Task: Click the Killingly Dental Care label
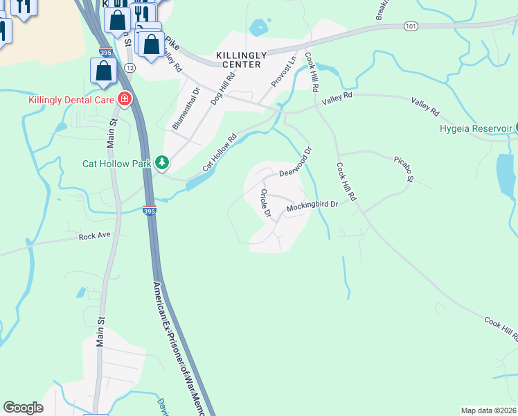point(71,99)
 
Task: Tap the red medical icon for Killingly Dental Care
point(125,99)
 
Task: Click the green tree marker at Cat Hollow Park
point(162,163)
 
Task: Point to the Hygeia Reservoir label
point(476,128)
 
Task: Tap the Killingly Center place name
point(239,60)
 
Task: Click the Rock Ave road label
point(95,236)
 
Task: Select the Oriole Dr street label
point(265,202)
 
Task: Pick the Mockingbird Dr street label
point(312,205)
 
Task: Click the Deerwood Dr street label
point(296,166)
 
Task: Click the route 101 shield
point(411,26)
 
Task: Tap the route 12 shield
point(130,67)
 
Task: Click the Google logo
point(23,408)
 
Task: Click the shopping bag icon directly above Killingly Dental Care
point(103,71)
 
